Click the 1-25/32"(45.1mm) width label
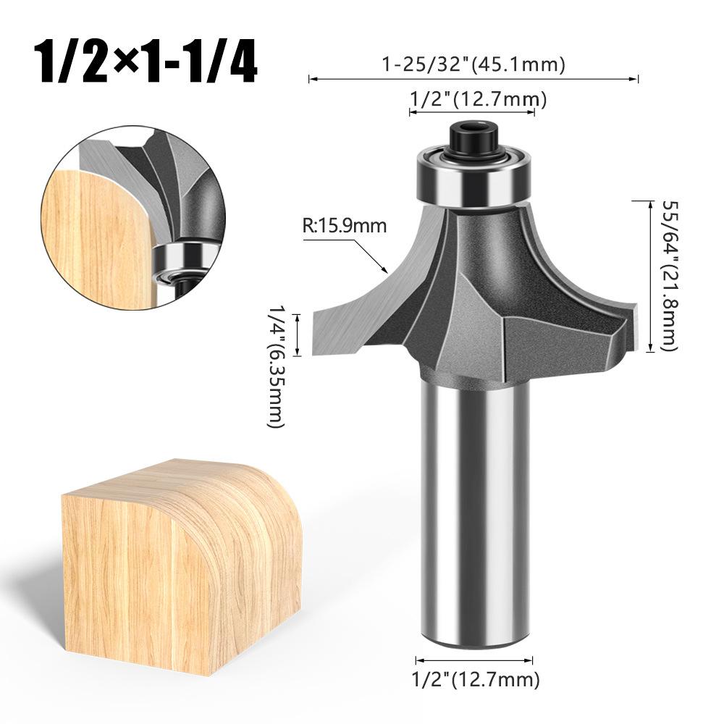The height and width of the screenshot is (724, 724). pyautogui.click(x=473, y=64)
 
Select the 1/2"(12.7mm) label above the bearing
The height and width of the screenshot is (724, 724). pyautogui.click(x=473, y=98)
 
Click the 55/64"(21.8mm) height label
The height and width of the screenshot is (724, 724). pyautogui.click(x=667, y=274)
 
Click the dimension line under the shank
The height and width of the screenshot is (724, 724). pyautogui.click(x=475, y=659)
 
